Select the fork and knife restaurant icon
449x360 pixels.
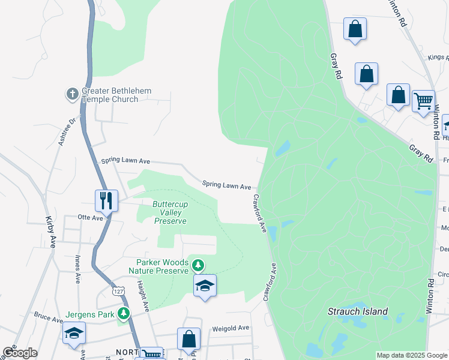click(x=107, y=200)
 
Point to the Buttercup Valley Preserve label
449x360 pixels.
click(x=169, y=212)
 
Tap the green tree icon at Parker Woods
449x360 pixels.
click(x=197, y=265)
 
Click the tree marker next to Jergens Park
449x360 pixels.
click(x=124, y=313)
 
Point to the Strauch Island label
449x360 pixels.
click(x=358, y=311)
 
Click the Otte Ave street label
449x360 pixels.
click(x=91, y=218)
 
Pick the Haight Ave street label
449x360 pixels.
click(x=142, y=295)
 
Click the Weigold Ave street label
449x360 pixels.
click(x=231, y=328)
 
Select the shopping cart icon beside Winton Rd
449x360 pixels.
click(x=423, y=101)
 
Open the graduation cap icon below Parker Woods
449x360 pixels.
click(x=205, y=286)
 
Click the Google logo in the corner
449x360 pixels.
click(x=20, y=353)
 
